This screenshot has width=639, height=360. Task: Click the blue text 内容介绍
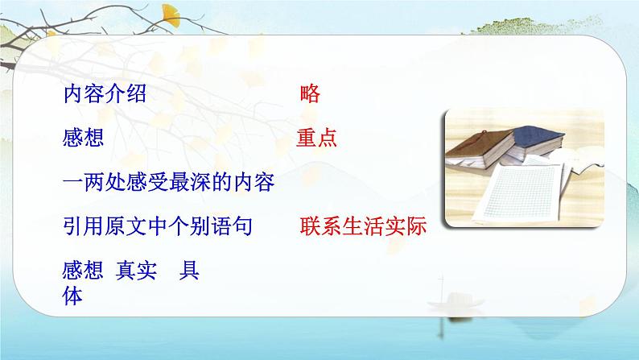click(x=104, y=95)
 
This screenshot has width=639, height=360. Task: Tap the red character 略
click(x=309, y=95)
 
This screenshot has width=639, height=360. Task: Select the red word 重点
click(x=315, y=139)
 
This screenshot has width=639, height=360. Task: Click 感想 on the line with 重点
click(x=83, y=139)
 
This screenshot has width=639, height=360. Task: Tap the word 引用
click(x=83, y=227)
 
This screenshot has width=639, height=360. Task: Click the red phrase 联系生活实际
click(x=362, y=227)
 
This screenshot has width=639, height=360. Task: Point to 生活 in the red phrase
click(x=362, y=227)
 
